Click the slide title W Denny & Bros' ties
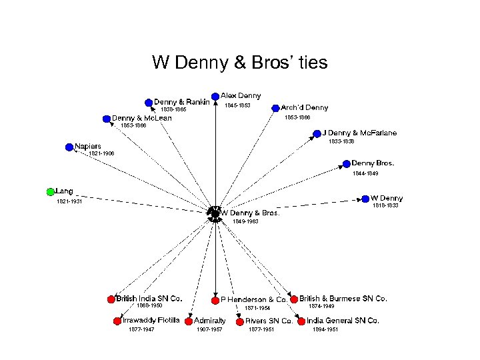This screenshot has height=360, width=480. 239,63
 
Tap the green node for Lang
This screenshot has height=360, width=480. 51,192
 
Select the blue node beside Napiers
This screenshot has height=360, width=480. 69,147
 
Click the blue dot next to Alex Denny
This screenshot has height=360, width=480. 215,96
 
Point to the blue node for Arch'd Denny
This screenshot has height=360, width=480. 276,107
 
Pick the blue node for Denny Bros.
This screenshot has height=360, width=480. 346,163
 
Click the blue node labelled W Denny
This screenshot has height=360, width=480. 365,198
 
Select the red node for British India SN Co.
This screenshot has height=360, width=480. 111,299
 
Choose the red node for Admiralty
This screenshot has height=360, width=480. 189,321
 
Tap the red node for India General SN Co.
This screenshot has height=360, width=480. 301,321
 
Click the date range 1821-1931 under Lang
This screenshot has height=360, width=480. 69,201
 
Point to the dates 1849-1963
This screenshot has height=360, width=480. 245,221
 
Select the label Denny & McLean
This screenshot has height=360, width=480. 141,118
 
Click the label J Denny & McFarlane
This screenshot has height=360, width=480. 359,133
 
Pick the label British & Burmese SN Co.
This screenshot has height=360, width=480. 343,299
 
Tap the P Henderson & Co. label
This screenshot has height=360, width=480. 253,299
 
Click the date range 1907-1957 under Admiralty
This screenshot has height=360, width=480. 209,329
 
